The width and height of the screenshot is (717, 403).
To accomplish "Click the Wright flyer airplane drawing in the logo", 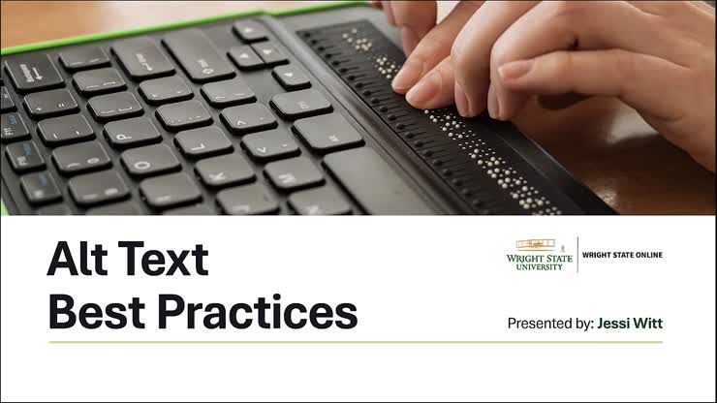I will (x=539, y=243).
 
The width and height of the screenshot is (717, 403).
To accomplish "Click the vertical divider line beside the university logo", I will (x=577, y=254).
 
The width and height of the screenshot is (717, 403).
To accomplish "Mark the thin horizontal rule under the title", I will (x=356, y=342).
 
